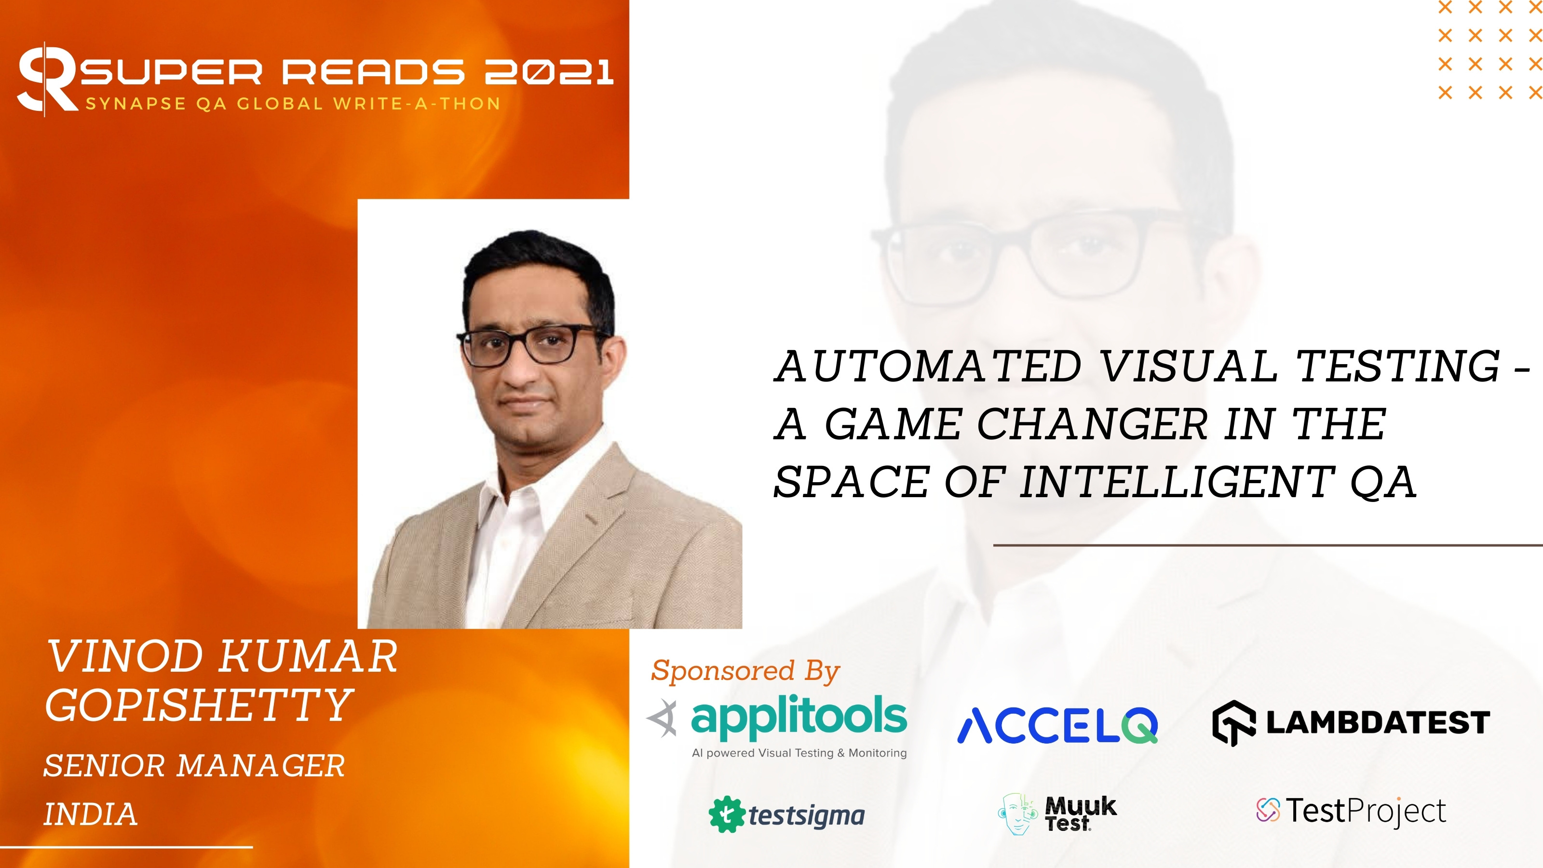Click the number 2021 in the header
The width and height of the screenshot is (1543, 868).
[x=549, y=72]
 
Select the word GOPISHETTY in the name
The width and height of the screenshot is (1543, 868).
[x=198, y=705]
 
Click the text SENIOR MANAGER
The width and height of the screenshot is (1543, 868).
[x=194, y=766]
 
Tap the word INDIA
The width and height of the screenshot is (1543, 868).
[x=91, y=814]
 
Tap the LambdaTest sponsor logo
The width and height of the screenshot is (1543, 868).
[x=1351, y=722]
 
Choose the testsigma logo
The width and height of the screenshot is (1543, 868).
[x=786, y=814]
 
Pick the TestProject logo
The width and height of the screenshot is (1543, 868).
[x=1351, y=811]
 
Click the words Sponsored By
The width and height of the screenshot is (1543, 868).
[x=745, y=670]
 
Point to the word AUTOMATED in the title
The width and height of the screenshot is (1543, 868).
[x=927, y=366]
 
